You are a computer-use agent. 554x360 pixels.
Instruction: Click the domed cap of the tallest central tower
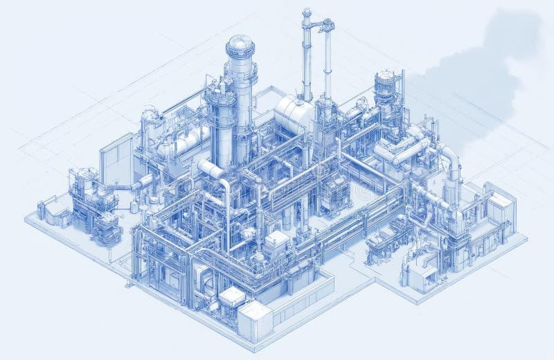240,44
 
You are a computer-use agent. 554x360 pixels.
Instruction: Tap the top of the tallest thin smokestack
306,12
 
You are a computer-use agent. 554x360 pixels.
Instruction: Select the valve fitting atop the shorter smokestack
325,26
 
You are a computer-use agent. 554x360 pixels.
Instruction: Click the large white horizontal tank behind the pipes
294,114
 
